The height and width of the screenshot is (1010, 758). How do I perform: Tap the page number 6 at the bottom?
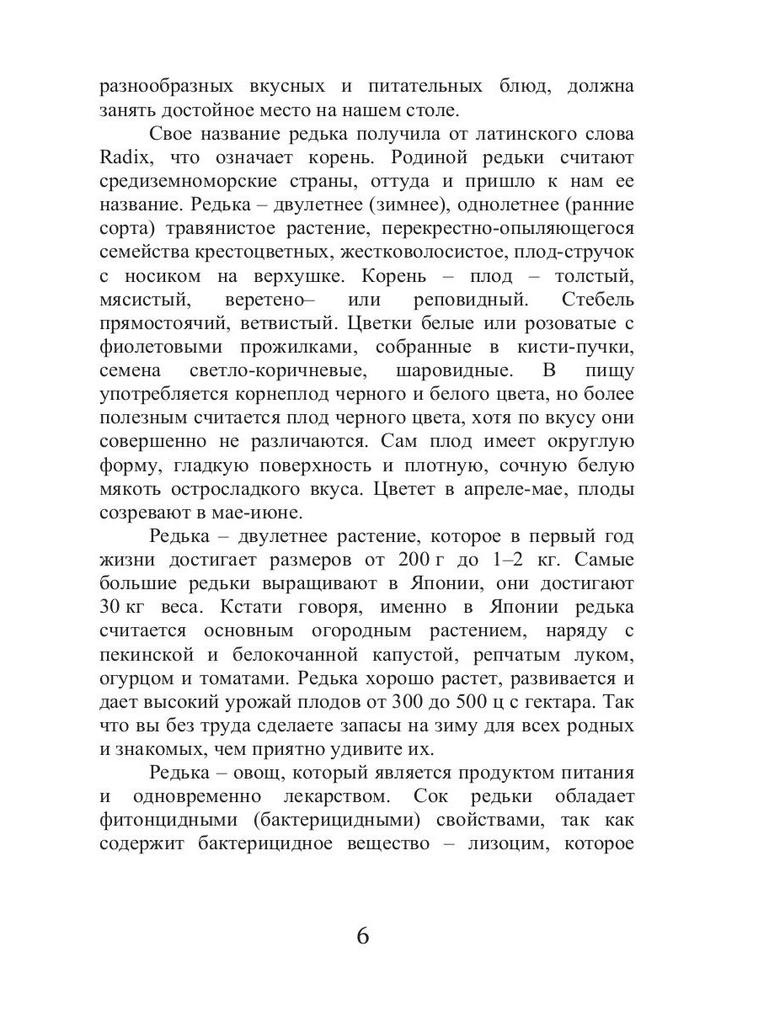(363, 936)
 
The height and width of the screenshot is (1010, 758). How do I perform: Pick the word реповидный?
(471, 300)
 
